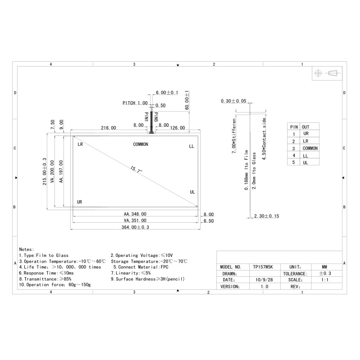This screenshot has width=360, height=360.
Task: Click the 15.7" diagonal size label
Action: (136, 170)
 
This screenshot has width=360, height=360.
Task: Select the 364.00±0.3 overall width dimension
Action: (135, 227)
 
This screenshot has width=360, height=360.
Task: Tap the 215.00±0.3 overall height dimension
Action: (45, 171)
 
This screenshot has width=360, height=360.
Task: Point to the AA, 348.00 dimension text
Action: (135, 214)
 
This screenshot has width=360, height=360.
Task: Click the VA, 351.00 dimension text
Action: (135, 220)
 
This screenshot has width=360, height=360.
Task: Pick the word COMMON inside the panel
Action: (140, 144)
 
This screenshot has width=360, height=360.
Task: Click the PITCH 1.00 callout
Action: (135, 103)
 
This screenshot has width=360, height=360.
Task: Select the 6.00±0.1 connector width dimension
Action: (167, 93)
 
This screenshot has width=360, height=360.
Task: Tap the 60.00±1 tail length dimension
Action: (187, 100)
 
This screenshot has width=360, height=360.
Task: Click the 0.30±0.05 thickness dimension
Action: (233, 101)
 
